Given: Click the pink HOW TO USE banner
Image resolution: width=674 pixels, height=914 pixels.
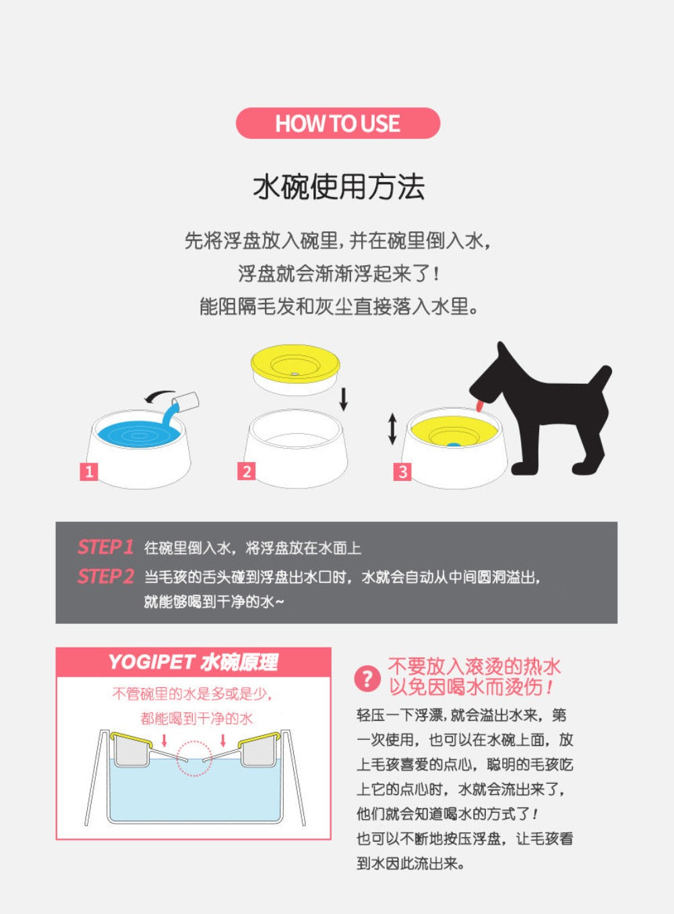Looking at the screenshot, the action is click(338, 123).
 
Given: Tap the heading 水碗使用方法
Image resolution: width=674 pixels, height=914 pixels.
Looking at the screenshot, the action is click(338, 187).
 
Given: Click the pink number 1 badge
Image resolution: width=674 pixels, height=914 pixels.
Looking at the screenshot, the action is click(88, 472).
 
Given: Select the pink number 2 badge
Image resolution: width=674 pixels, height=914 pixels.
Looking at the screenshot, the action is click(246, 472).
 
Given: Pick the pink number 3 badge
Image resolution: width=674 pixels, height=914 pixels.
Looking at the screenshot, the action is click(402, 472).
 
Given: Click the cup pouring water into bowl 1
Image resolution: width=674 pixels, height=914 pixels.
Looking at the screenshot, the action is click(186, 400).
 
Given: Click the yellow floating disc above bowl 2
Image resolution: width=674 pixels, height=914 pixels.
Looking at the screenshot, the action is click(296, 368).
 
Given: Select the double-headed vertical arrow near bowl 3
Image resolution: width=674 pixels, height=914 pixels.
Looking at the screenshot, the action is click(392, 430).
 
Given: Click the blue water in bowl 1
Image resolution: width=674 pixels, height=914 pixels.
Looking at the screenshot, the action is click(138, 434).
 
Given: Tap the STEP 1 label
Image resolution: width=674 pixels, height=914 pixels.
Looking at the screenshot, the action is click(105, 547).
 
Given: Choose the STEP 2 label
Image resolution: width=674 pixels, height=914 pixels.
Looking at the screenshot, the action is click(106, 576).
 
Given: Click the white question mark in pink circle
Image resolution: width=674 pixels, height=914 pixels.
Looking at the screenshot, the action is click(367, 679).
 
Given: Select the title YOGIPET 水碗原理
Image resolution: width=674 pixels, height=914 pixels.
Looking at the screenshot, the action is click(193, 662).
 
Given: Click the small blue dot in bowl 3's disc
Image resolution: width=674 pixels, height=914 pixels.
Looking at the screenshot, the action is click(453, 445).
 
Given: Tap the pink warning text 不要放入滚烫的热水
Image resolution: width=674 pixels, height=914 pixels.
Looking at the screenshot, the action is click(474, 666).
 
